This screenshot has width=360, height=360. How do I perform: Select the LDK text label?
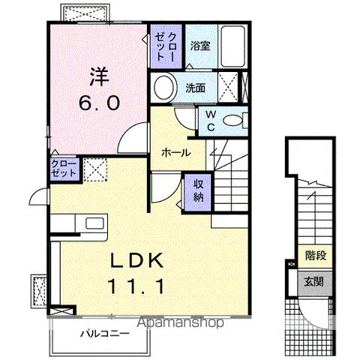tap(139, 260)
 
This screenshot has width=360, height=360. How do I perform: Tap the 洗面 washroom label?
tap(196, 88)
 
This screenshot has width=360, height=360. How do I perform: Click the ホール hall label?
tap(175, 153)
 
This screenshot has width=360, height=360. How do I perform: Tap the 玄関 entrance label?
tap(315, 282)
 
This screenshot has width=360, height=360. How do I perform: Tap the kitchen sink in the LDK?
tap(94, 223)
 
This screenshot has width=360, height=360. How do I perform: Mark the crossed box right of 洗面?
tap(232, 88)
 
